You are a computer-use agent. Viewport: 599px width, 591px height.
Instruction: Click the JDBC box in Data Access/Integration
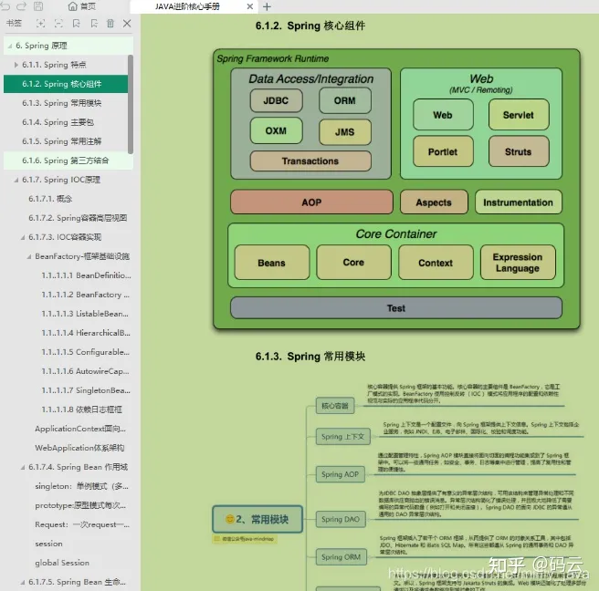coord(276,101)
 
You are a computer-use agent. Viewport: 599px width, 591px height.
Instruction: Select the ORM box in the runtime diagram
coord(345,101)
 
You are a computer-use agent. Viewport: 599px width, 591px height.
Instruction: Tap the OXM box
coord(276,130)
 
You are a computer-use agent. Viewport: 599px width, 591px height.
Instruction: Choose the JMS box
coord(345,132)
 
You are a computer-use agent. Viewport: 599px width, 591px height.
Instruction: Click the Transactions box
coord(310,161)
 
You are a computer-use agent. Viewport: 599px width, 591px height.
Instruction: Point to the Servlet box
coord(518,115)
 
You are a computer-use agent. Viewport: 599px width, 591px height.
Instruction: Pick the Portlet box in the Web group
coord(443,151)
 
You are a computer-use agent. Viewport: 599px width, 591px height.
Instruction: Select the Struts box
coord(518,151)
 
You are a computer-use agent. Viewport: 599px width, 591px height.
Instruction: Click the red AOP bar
coord(311,202)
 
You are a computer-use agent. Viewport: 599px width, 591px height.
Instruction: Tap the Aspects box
coord(434,202)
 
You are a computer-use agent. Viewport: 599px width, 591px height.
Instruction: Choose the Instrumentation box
coord(518,202)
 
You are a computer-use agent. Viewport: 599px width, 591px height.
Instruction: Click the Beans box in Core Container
coord(271,263)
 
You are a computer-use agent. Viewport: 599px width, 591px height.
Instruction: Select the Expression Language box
coord(518,263)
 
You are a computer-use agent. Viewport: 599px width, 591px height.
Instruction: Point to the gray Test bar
coord(395,308)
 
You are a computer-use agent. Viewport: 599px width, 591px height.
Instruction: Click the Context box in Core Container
coord(436,263)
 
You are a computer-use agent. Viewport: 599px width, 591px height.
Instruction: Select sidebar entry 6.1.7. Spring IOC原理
coord(61,180)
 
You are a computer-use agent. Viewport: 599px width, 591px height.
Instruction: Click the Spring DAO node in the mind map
coord(340,520)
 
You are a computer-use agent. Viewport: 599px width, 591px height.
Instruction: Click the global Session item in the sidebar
coord(62,563)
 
